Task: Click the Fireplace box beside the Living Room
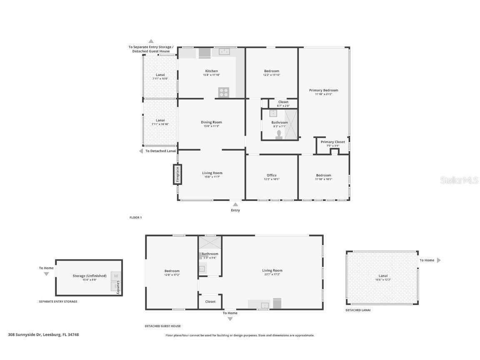click(x=177, y=174)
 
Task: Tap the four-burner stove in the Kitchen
click(x=224, y=92)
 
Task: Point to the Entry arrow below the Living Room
click(x=235, y=204)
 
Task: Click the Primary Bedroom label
click(x=323, y=90)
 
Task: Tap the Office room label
click(x=271, y=175)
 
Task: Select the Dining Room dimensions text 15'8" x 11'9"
click(x=211, y=126)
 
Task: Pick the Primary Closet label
click(x=332, y=142)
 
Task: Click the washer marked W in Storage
click(x=116, y=276)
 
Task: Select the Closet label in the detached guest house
click(x=210, y=302)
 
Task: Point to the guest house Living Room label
click(x=272, y=270)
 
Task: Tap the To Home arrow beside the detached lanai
click(x=438, y=260)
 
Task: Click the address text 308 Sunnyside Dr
click(x=43, y=335)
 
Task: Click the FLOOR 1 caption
click(x=135, y=217)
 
